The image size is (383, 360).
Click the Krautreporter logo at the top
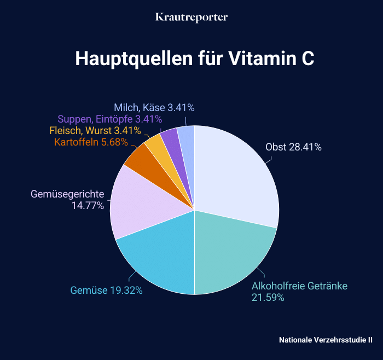pos(191,18)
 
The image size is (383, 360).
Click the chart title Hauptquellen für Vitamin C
pos(194,59)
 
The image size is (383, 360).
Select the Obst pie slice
pos(235,175)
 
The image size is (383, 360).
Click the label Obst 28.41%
pos(293,147)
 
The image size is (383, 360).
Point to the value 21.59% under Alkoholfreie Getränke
pos(268,298)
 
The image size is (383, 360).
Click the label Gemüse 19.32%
pos(107,291)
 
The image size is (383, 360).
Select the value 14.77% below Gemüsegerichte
pos(88,206)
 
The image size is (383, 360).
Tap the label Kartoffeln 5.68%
pos(91,142)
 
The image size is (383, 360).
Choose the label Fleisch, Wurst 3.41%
pos(95,131)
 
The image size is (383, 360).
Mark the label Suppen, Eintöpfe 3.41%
pos(109,119)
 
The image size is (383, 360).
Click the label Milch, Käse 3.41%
pos(154,107)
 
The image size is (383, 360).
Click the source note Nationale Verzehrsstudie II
pos(326,340)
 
